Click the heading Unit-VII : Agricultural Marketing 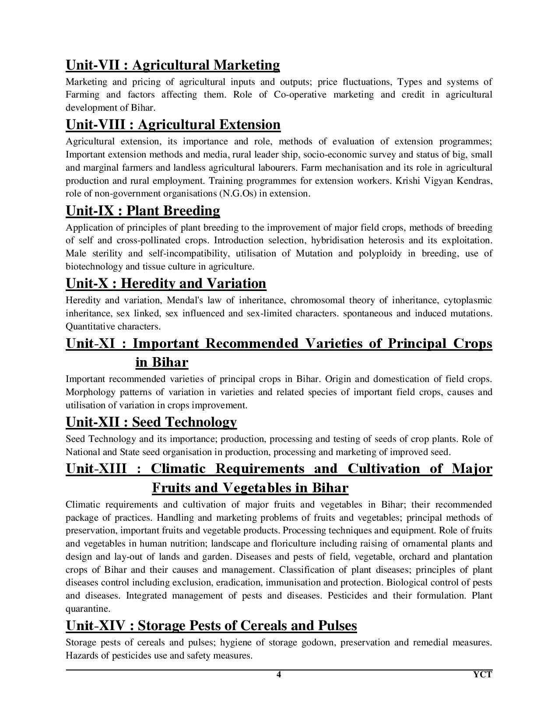[x=172, y=65]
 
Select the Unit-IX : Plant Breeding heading [x=143, y=211]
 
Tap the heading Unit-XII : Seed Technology [x=151, y=422]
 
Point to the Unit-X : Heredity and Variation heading [x=166, y=284]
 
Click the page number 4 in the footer [x=278, y=674]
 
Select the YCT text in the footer [x=483, y=674]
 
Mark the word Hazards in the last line [x=81, y=656]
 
